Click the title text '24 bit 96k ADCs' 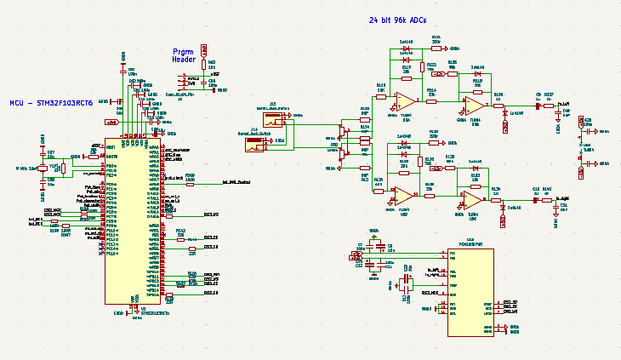click(397, 20)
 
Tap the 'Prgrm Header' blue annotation click(185, 55)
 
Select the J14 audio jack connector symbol click(254, 146)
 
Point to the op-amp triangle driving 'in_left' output click(470, 105)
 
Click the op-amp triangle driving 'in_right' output click(470, 199)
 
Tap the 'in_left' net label click(563, 103)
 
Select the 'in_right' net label click(561, 198)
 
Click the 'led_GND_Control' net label click(236, 181)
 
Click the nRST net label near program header click(214, 74)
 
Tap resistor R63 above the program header click(204, 65)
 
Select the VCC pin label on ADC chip click(453, 253)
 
